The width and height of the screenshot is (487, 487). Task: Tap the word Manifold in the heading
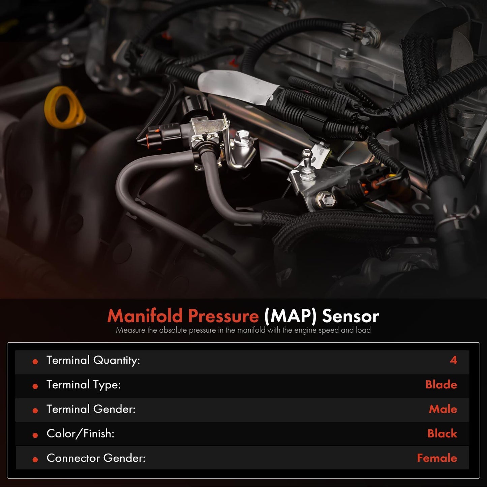[x=145, y=316]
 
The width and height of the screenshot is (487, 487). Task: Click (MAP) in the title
[x=290, y=316]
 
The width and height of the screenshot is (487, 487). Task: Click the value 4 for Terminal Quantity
[x=453, y=360]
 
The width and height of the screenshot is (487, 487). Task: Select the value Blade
[x=441, y=385]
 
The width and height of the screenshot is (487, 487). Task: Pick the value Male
[x=443, y=409]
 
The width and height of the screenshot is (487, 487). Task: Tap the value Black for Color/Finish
[x=442, y=434]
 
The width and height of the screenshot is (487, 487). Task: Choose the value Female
[x=437, y=458]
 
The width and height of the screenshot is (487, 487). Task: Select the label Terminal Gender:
[x=91, y=409]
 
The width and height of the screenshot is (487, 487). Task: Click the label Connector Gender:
[x=96, y=458]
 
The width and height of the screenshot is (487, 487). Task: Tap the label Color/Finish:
[x=80, y=434]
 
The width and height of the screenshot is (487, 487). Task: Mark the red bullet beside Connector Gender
[x=35, y=460]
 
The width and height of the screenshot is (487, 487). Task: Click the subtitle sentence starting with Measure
[x=243, y=330]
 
